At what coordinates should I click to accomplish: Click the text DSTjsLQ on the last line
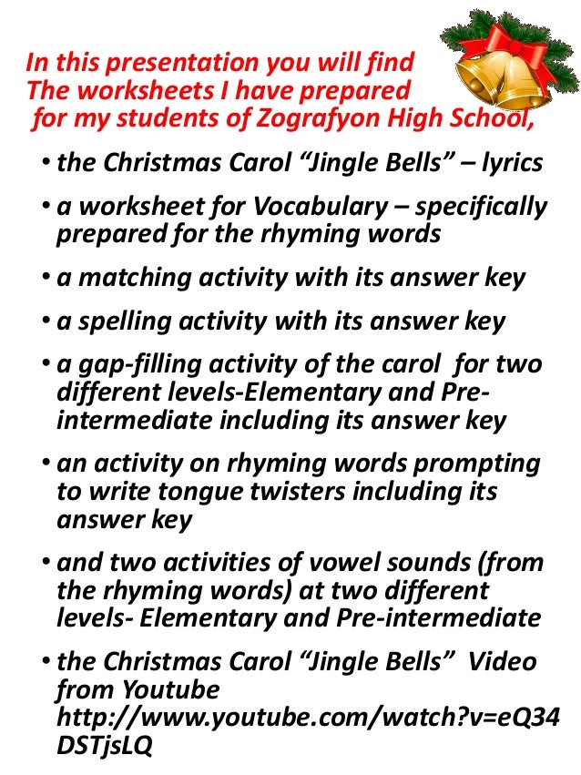point(104,745)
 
